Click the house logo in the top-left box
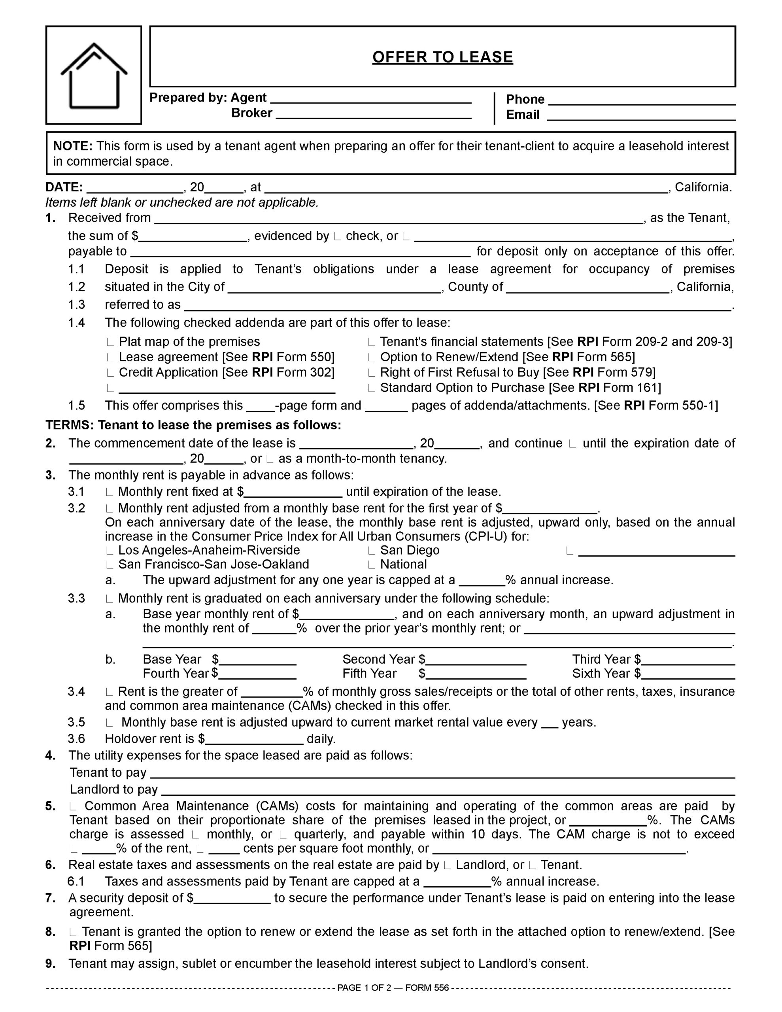pos(94,75)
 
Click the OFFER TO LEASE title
pos(442,57)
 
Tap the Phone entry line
pos(642,103)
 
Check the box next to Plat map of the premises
pos(110,343)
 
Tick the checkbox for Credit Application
pos(110,374)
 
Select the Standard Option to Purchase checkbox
pos(371,389)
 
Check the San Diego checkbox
pos(371,551)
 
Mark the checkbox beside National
pos(371,565)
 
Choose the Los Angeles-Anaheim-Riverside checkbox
pos(110,551)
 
